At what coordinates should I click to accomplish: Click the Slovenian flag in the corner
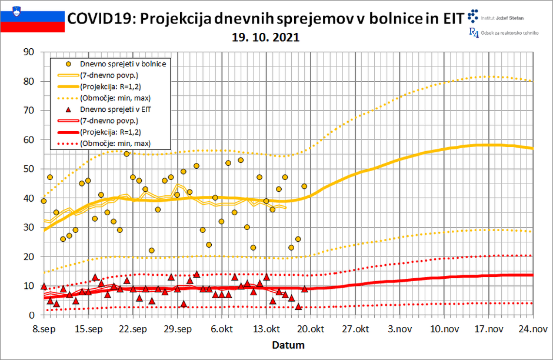32,18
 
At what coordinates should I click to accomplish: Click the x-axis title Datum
287,344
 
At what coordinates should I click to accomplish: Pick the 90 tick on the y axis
28,52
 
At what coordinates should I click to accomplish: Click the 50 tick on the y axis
28,169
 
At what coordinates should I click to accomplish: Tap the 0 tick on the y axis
31,315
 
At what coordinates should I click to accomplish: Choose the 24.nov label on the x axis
533,329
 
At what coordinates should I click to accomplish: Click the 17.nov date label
488,329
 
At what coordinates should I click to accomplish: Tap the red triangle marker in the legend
69,109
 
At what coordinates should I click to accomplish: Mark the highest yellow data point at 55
126,154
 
